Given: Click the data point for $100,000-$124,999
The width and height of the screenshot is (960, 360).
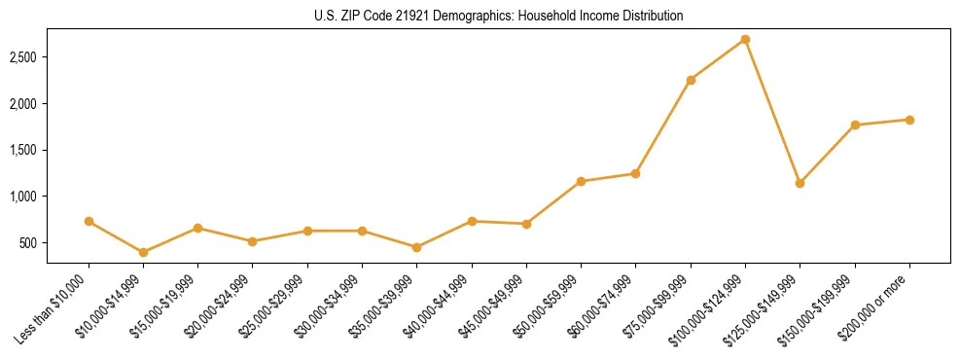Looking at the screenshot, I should coord(745,40).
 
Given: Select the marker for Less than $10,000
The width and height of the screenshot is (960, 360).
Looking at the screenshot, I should coord(89,222).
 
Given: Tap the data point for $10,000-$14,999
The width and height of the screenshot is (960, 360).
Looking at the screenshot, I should coord(144,252).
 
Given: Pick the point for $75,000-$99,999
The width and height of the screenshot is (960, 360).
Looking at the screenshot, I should coord(691,80).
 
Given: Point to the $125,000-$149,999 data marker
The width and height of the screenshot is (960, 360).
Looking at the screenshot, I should coord(800,183).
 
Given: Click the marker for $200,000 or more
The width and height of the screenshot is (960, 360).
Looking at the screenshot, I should coord(909,120).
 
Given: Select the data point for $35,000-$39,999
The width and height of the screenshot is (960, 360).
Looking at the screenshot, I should coord(417,247).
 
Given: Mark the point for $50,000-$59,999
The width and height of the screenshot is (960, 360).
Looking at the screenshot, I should coord(581,181).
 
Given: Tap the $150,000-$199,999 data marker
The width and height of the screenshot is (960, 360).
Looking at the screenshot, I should coord(855,126).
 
